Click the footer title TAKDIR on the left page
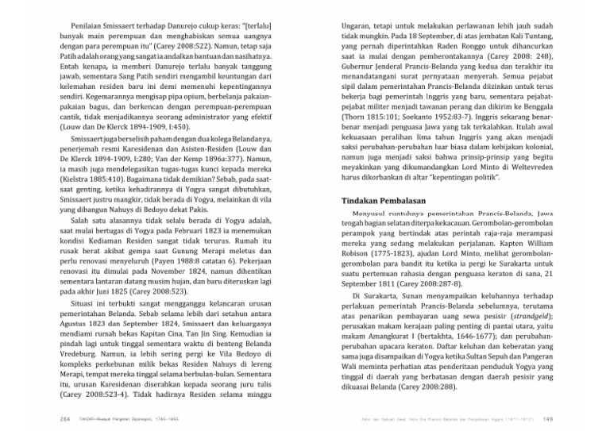[x=86, y=420]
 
